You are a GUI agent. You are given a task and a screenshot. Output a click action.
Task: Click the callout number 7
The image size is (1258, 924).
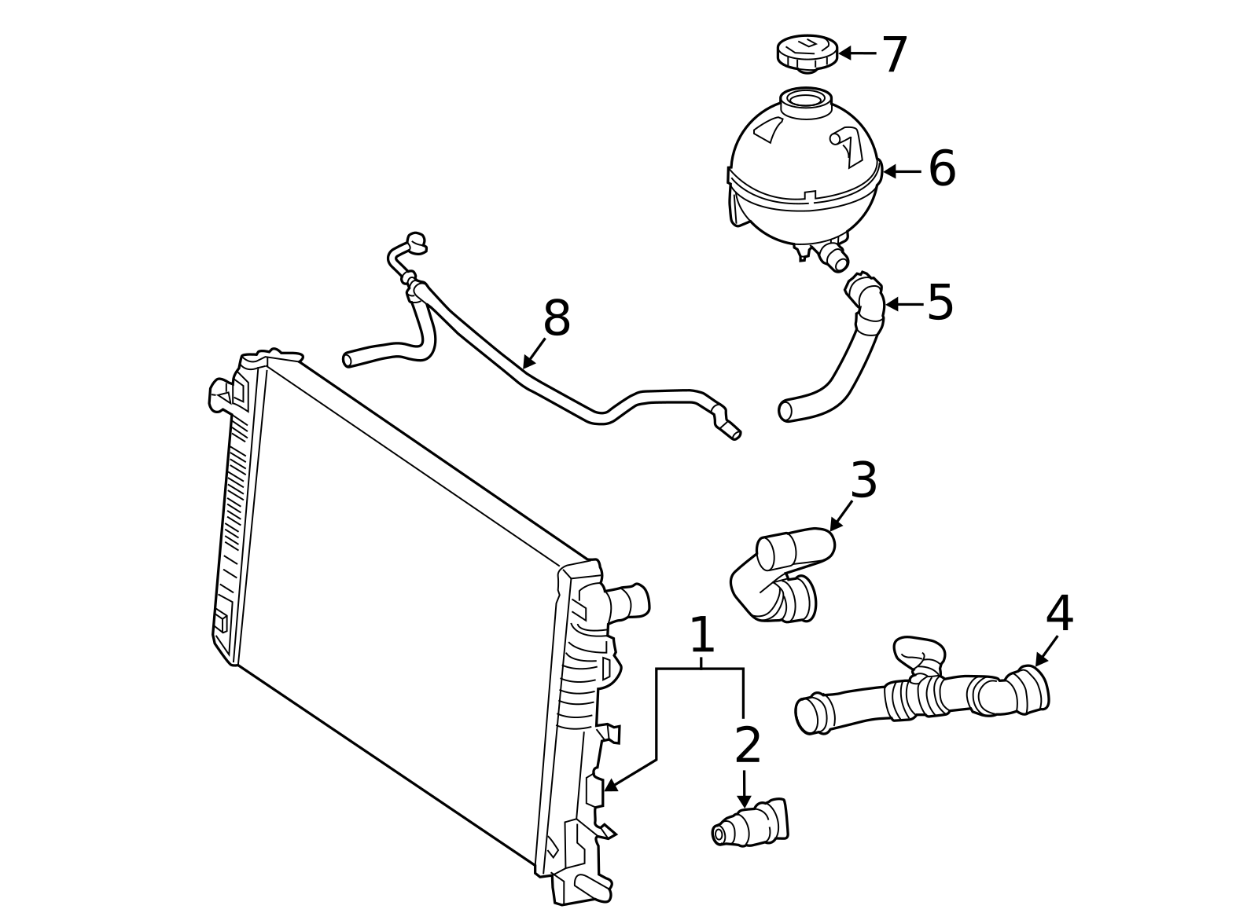coord(894,55)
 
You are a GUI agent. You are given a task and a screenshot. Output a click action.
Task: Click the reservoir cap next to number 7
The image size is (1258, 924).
coord(807,53)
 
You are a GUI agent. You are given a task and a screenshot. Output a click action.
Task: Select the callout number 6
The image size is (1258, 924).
coord(941,169)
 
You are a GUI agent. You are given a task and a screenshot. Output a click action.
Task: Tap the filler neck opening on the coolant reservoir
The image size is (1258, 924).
coord(806,100)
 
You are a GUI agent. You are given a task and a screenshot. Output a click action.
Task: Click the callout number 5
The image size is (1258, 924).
coord(940,302)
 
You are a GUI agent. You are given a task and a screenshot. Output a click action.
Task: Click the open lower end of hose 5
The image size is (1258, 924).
coord(785,411)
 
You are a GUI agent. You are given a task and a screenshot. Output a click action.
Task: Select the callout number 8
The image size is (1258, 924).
coord(557,319)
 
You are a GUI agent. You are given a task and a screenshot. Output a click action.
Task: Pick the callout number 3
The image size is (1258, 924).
coord(863,480)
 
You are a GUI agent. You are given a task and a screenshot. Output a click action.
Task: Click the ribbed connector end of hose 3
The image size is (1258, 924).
coord(797,599)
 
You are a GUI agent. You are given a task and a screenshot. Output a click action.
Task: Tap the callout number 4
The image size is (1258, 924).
coord(1059,614)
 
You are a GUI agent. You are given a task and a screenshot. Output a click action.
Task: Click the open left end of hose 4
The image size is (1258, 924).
coord(807,716)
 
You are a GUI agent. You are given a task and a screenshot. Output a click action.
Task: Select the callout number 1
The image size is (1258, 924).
coord(701,635)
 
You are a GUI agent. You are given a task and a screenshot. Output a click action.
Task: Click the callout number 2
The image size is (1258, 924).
coord(747,745)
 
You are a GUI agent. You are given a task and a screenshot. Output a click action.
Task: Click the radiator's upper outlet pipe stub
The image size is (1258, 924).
coord(629,601)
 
